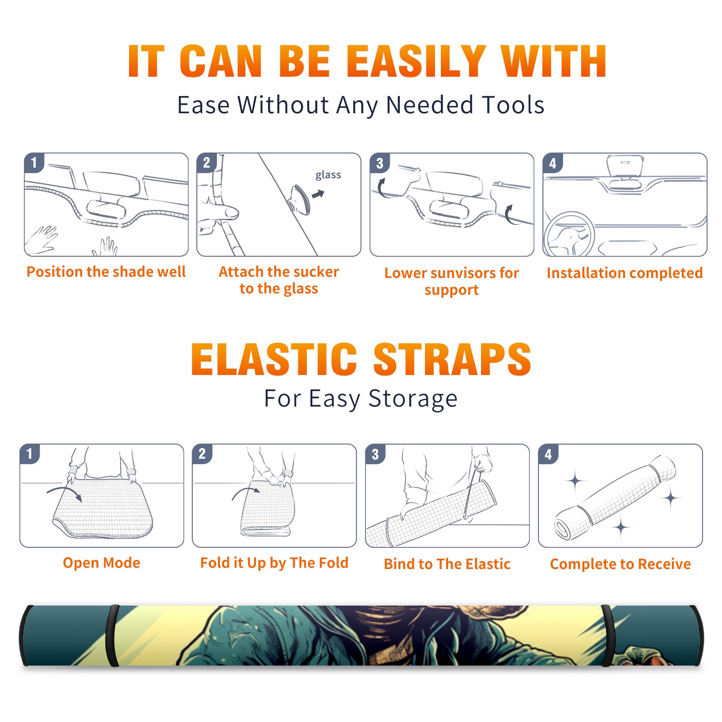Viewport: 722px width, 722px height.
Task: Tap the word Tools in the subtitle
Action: [513, 105]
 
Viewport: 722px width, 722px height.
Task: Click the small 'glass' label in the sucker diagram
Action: [328, 175]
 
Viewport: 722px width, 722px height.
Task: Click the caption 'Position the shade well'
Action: [106, 272]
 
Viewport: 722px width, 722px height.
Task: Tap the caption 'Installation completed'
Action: [625, 273]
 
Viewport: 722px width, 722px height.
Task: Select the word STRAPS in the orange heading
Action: [453, 359]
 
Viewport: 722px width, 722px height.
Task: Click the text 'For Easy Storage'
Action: [361, 398]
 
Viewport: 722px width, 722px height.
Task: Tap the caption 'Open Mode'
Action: [102, 563]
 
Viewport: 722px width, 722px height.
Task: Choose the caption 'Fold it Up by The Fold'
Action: [274, 563]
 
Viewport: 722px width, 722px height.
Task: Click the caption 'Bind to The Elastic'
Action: [447, 564]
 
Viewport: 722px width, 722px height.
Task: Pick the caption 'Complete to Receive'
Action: [620, 564]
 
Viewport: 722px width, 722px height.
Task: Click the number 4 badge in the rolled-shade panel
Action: [548, 454]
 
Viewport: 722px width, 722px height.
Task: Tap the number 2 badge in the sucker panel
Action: [207, 162]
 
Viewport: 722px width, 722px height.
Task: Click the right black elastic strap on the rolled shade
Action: [606, 635]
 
